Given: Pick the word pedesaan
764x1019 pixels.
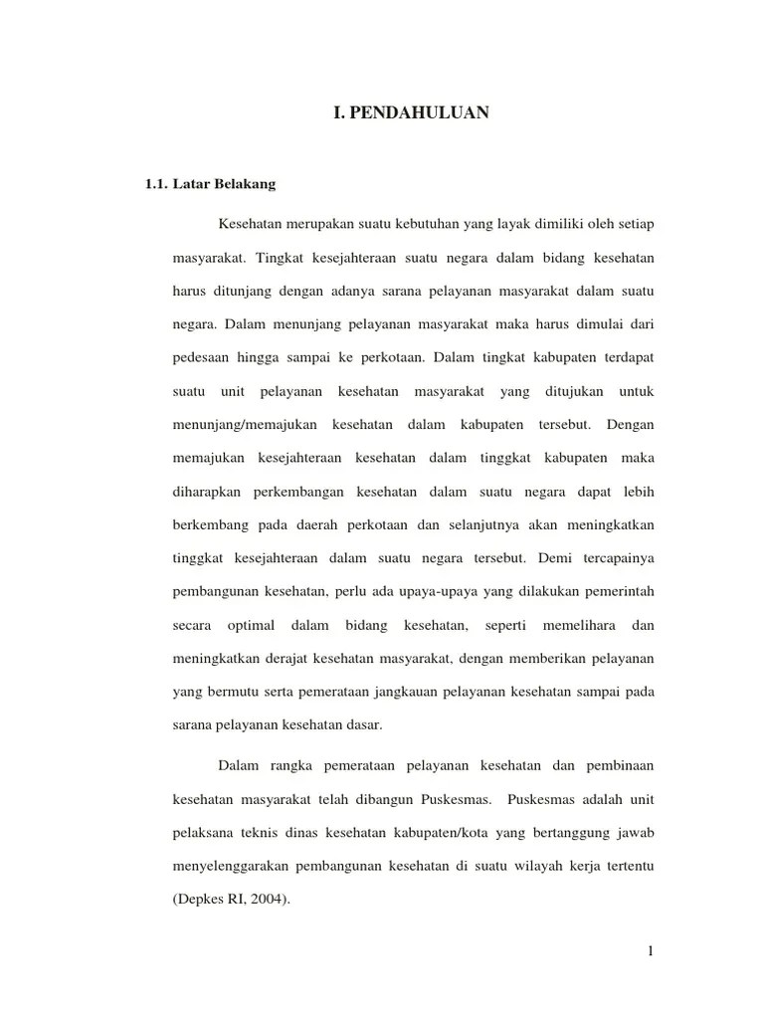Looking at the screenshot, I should point(202,357).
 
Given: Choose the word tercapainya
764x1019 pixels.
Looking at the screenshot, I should point(615,559).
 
